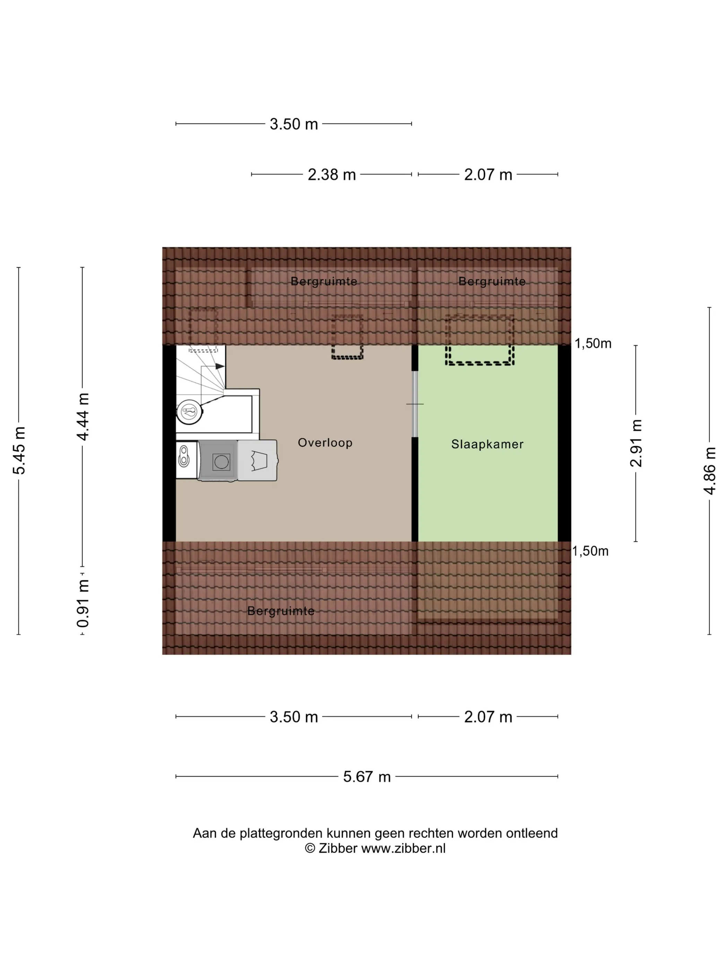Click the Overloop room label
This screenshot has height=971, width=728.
coord(325,442)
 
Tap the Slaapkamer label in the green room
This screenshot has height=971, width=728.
coord(487,444)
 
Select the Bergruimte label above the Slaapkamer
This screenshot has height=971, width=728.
coord(492,281)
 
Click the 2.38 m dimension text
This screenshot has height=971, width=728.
coord(331,175)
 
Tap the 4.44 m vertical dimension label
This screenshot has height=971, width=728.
coord(83,416)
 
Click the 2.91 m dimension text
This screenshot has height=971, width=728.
coord(636,443)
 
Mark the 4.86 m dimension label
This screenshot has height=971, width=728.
coord(710,471)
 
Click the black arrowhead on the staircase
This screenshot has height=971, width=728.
coord(219,366)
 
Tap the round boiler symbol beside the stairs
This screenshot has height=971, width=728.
coord(190,412)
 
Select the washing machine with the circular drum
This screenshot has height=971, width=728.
coord(218,461)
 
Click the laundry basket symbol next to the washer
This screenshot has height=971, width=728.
coord(258,461)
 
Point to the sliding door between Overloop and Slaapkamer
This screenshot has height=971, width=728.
coord(415,404)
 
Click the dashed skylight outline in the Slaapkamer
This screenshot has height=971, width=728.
coord(480,340)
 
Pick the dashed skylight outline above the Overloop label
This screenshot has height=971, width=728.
coord(347,337)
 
